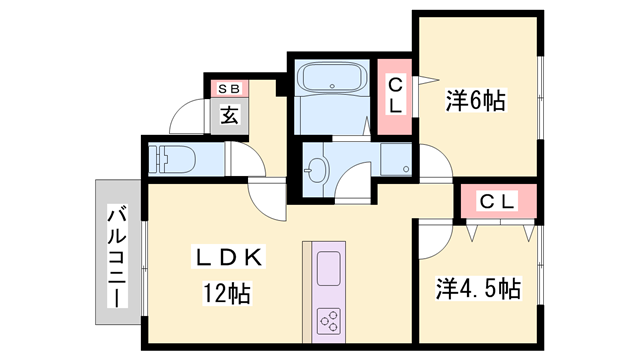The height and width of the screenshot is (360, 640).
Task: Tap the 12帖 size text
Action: tap(226, 294)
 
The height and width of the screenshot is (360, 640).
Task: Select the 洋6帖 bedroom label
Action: tap(475, 99)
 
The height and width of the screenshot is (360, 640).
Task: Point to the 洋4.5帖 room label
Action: tap(478, 289)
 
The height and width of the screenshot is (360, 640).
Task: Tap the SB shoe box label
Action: tap(229, 88)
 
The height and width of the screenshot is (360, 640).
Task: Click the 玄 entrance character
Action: tap(229, 114)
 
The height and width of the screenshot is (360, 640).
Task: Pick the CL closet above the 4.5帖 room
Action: tap(497, 202)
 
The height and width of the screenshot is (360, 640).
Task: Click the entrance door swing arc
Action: tap(186, 117)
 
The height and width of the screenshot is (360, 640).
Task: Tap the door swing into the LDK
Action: tap(268, 200)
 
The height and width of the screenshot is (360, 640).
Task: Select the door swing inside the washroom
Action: tap(352, 183)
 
